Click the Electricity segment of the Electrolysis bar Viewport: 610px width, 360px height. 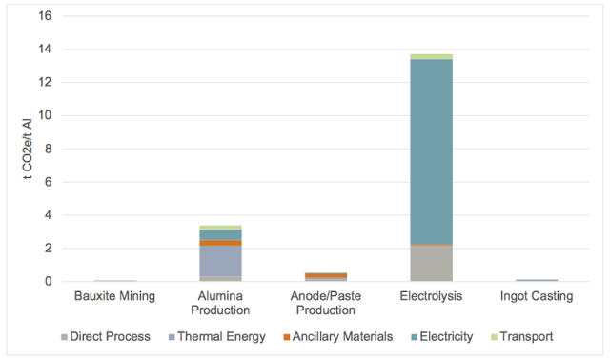pos(432,152)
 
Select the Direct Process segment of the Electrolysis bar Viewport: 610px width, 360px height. pos(432,263)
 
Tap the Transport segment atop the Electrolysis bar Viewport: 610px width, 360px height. pos(432,57)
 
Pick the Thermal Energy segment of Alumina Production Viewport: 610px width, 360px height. pos(220,261)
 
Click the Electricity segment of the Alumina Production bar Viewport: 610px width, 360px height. pos(220,235)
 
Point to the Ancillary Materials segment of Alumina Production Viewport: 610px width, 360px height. pos(220,243)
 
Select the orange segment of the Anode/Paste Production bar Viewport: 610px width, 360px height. pos(326,275)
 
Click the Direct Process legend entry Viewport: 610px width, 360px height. pos(106,337)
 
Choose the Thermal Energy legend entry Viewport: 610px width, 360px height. pos(216,337)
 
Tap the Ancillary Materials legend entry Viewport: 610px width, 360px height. pos(338,337)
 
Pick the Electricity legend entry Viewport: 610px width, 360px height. pos(442,337)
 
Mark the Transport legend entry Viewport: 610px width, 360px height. pos(521,337)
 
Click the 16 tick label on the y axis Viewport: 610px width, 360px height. pos(45,15)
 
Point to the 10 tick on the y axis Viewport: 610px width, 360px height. pos(45,115)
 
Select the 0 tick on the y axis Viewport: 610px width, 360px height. pos(49,281)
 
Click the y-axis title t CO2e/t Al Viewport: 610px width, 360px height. pos(28,149)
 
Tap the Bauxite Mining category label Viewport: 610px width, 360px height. pos(114,296)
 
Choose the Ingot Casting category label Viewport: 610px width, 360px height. pos(537,296)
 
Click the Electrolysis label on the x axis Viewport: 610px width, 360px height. pos(431,296)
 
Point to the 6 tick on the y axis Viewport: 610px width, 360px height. pos(49,182)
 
